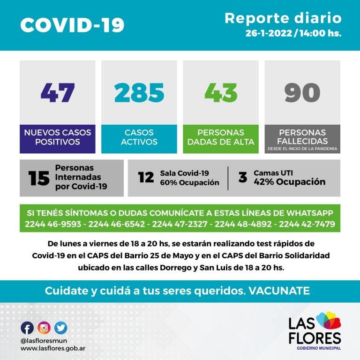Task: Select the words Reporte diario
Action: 283,18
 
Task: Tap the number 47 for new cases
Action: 57,92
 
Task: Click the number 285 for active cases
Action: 139,92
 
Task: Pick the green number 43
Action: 220,92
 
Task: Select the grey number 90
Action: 302,92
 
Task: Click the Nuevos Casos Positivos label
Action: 57,137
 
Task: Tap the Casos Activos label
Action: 139,137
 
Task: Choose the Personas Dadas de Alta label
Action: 220,137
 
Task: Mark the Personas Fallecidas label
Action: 302,136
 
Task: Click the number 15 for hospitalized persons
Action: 38,179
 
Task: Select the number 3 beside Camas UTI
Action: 242,178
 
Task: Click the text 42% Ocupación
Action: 289,182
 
